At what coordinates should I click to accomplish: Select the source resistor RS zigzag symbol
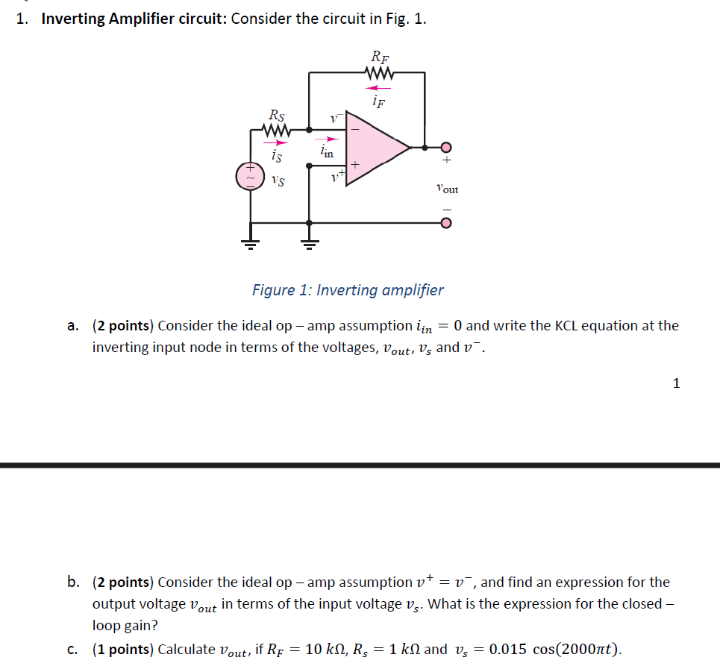pyautogui.click(x=275, y=130)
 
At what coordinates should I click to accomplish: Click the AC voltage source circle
pyautogui.click(x=249, y=177)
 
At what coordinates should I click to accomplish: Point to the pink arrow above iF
pyautogui.click(x=378, y=88)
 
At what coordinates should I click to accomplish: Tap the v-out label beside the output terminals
pyautogui.click(x=447, y=189)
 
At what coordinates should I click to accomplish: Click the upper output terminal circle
pyautogui.click(x=446, y=147)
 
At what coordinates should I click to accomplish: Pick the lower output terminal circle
pyautogui.click(x=446, y=222)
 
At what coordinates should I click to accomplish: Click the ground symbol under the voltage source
pyautogui.click(x=249, y=242)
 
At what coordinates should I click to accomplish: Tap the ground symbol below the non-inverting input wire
pyautogui.click(x=309, y=242)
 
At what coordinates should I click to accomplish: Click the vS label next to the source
pyautogui.click(x=277, y=180)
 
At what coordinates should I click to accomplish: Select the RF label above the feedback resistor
pyautogui.click(x=380, y=57)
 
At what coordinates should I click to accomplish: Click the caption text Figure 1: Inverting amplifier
pyautogui.click(x=348, y=290)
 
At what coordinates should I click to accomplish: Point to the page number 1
pyautogui.click(x=676, y=383)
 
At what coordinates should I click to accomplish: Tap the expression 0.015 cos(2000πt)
pyautogui.click(x=551, y=649)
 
